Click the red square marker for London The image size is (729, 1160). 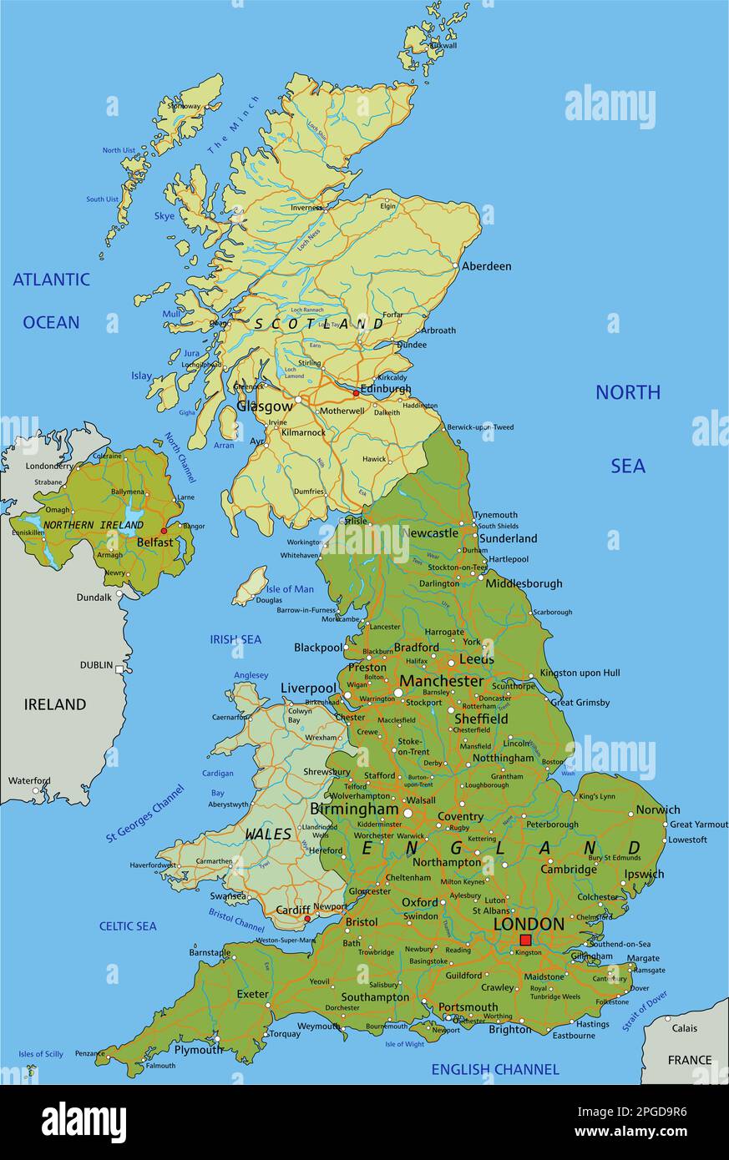(x=525, y=940)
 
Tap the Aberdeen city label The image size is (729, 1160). (x=486, y=266)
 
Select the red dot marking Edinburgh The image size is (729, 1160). (x=357, y=392)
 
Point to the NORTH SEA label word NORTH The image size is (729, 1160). (x=627, y=392)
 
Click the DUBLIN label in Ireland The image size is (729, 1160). (x=96, y=664)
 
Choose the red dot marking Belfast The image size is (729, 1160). (x=164, y=530)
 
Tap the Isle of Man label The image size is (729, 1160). (x=291, y=588)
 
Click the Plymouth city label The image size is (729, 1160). (x=199, y=1049)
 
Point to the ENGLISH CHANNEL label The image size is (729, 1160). (x=494, y=1069)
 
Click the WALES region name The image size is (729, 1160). (x=268, y=834)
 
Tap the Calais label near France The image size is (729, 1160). (x=684, y=1027)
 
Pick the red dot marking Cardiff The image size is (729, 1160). (x=308, y=919)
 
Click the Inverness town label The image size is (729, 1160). (x=306, y=208)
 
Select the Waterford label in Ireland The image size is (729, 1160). (x=29, y=781)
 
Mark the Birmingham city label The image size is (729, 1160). (x=354, y=809)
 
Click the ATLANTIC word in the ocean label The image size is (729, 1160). (x=51, y=280)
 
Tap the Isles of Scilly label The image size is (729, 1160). (x=41, y=1054)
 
